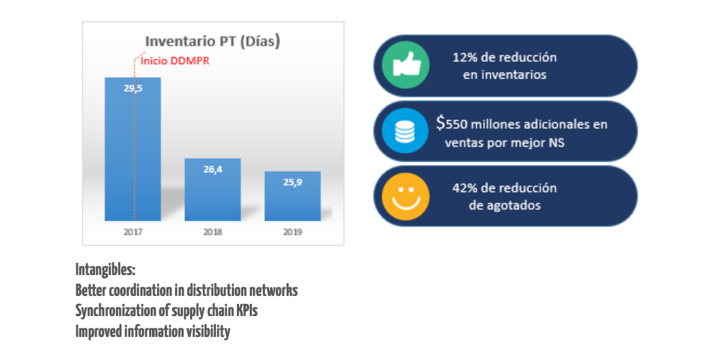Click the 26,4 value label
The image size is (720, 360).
click(x=212, y=168)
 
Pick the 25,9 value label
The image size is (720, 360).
click(x=292, y=181)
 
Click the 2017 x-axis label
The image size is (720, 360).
click(x=133, y=232)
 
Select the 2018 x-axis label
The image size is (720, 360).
click(x=212, y=232)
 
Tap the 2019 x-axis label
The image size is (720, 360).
click(x=292, y=232)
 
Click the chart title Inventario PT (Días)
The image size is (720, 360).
click(x=212, y=41)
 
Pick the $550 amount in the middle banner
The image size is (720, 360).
click(x=453, y=124)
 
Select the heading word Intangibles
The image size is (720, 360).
click(x=105, y=270)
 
